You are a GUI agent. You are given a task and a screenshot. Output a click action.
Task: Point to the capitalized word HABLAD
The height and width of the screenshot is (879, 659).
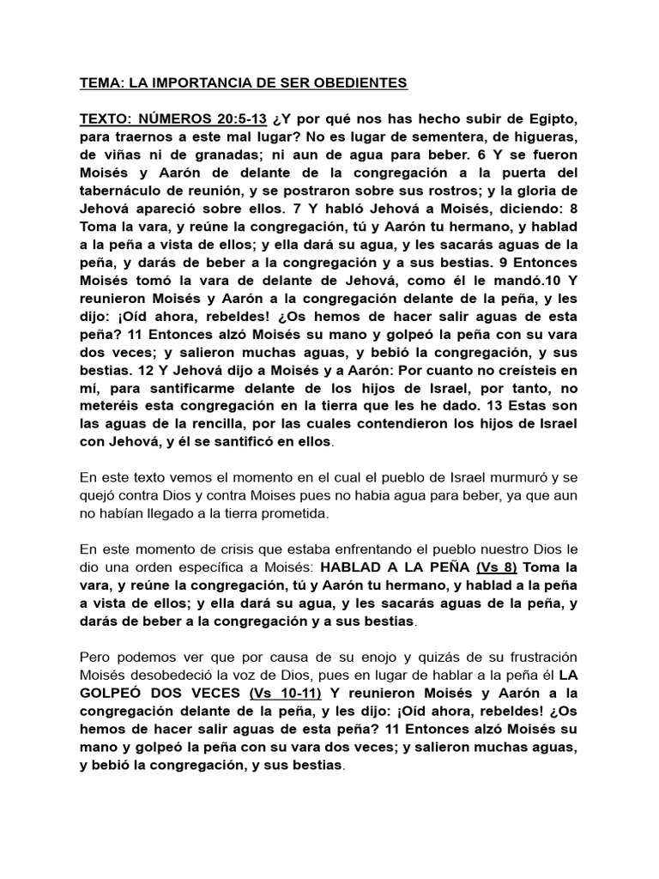click(x=353, y=568)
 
